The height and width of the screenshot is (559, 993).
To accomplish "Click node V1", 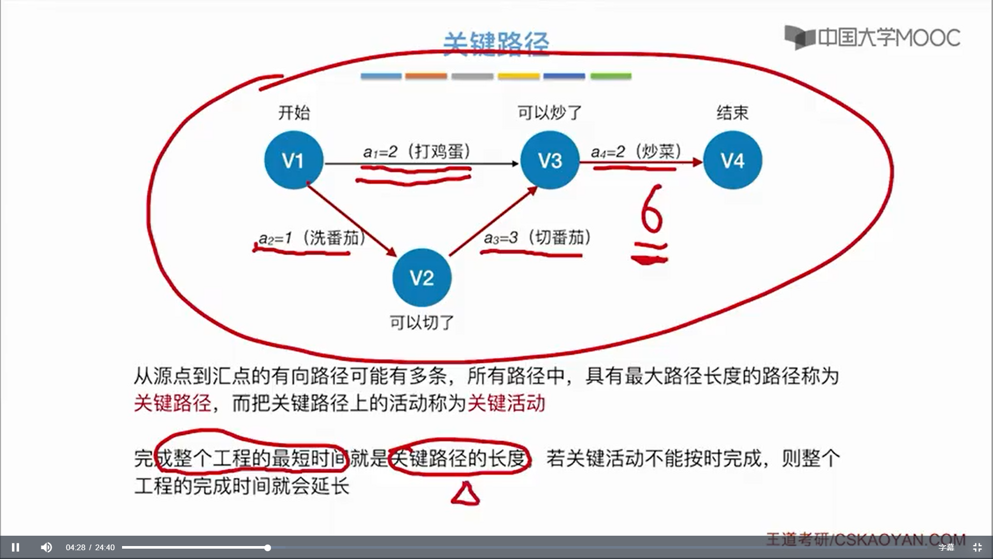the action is tap(294, 160).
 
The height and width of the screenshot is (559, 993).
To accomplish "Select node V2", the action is tap(422, 278).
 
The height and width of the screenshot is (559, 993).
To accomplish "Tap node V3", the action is tap(550, 160).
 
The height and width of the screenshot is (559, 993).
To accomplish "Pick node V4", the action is tap(732, 160).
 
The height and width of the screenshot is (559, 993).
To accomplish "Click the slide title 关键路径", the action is tap(496, 42).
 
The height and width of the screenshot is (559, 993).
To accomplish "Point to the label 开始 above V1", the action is tap(294, 112).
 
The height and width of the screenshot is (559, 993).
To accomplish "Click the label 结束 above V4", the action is tap(732, 112).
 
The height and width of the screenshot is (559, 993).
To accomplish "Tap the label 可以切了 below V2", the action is tap(422, 322).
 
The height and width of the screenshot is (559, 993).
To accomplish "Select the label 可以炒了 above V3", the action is tap(550, 112).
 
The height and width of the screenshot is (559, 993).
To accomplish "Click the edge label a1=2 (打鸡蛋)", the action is tap(417, 152).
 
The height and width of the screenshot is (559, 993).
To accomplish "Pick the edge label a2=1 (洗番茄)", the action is tap(312, 238).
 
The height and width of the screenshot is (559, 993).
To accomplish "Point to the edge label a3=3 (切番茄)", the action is tap(537, 238).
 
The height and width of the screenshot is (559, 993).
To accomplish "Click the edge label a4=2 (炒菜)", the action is tap(636, 152).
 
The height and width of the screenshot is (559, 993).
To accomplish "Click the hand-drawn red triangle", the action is tap(465, 494).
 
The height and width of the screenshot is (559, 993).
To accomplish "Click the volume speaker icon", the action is tap(46, 547).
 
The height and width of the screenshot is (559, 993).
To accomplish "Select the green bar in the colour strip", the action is tap(611, 76).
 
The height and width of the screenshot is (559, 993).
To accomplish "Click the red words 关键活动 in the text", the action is tap(506, 403).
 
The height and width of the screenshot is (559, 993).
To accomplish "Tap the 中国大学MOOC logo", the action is tap(872, 37).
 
